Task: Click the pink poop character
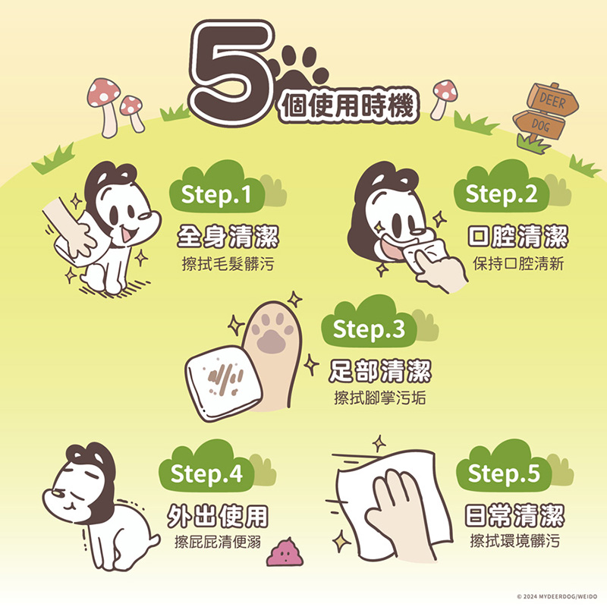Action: (285, 552)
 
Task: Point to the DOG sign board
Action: (539, 124)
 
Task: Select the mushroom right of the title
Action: (444, 99)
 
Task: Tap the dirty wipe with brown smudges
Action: (223, 382)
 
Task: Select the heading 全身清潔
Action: (228, 236)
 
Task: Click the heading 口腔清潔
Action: (517, 236)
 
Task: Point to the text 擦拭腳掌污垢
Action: (380, 398)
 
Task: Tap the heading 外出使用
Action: (218, 516)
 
